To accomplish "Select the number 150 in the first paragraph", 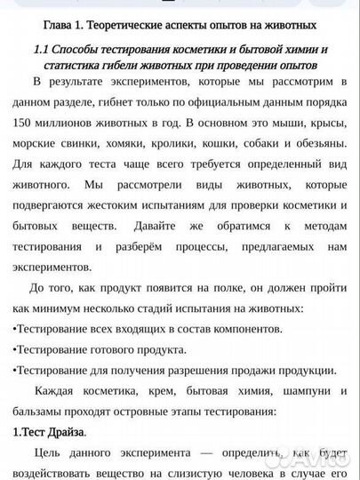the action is pos(24,124).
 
